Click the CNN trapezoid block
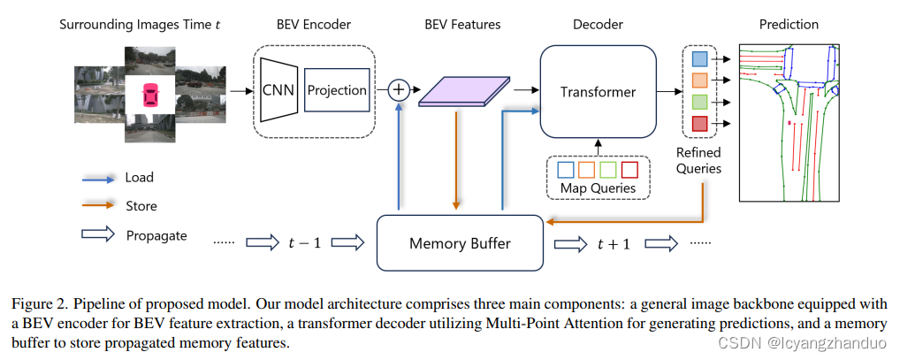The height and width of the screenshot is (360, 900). click(x=278, y=89)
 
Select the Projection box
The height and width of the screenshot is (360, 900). click(x=336, y=90)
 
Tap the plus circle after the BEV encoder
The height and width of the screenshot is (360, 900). click(x=400, y=88)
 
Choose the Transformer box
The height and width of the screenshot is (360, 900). click(x=598, y=92)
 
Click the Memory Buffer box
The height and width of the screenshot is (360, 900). click(x=460, y=242)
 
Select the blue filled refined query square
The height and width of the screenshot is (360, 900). click(x=698, y=59)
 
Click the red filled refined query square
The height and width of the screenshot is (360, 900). click(x=698, y=124)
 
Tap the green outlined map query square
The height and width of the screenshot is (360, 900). click(x=607, y=168)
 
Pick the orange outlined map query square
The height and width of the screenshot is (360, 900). click(x=585, y=168)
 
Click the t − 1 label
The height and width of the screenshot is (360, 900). click(x=305, y=242)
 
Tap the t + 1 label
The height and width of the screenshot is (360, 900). click(x=614, y=242)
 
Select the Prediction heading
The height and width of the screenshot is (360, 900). click(x=789, y=24)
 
